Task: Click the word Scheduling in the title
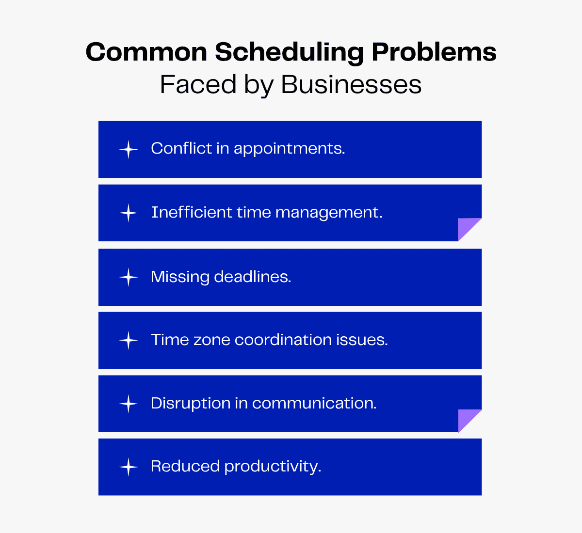[x=289, y=52]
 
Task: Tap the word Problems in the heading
[x=434, y=51]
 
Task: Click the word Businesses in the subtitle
[x=351, y=84]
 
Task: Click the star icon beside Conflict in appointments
[x=129, y=149]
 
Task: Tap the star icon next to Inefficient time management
[x=129, y=213]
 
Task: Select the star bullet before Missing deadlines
[x=129, y=277]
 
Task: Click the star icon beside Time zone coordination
[x=129, y=341]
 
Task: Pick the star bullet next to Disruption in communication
[x=129, y=404]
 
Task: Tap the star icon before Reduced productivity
[x=129, y=467]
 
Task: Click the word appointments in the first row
[x=289, y=149]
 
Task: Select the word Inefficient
[x=192, y=212]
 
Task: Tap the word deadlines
[x=252, y=277]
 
